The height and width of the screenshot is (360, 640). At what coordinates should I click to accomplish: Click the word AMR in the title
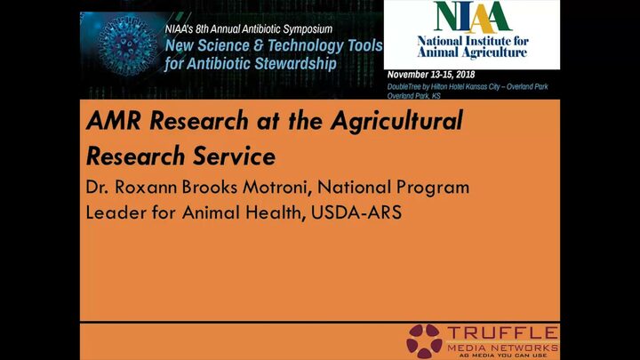[114, 120]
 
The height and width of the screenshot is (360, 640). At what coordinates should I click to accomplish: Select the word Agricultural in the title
[396, 121]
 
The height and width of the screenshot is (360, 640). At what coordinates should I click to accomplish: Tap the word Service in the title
[235, 156]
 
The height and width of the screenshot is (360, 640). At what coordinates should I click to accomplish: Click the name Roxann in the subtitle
[146, 187]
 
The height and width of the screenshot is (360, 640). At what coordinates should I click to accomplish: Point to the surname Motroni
[277, 188]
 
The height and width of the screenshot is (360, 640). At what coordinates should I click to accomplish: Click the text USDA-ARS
[356, 212]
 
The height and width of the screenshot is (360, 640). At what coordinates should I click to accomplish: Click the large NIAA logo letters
[472, 17]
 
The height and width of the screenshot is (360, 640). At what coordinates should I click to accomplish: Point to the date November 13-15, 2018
[431, 75]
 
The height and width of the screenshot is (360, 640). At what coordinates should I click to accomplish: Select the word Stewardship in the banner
[295, 64]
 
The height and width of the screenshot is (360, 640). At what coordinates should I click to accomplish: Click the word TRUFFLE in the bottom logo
[502, 332]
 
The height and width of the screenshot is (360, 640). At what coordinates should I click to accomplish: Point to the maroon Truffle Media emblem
[425, 340]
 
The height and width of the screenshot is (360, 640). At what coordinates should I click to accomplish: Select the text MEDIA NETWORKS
[502, 348]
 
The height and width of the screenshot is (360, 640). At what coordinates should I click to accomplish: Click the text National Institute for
[473, 41]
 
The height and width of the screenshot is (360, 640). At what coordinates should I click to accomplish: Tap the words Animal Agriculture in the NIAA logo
[472, 52]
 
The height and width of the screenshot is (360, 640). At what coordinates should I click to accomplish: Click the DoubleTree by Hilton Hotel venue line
[468, 86]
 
